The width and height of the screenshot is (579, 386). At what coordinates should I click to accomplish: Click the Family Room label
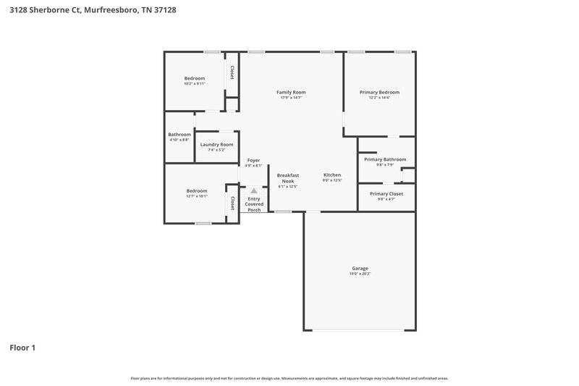291,92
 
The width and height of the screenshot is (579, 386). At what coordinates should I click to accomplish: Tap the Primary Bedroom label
379,92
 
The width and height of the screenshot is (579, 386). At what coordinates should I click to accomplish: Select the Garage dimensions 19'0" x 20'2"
360,274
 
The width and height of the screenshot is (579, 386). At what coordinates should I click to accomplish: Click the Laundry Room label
216,144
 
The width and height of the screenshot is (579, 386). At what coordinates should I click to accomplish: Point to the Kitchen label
331,175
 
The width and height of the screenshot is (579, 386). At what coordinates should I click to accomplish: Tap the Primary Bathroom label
384,159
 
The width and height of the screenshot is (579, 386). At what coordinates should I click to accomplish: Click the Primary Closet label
386,193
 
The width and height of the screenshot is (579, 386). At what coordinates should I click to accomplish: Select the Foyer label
253,160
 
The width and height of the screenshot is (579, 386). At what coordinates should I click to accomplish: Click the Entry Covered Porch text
254,204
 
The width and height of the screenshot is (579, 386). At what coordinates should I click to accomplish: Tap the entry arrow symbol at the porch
253,190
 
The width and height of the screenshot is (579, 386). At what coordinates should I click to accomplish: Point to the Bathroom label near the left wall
179,134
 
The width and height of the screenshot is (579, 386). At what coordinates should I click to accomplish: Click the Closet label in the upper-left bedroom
232,72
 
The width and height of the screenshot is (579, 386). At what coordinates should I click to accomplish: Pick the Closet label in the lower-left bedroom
232,203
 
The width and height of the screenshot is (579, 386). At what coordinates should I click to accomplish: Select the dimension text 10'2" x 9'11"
194,83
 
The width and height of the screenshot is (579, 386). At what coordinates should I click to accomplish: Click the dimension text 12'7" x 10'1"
196,196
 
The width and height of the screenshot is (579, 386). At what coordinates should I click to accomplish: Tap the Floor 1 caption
22,348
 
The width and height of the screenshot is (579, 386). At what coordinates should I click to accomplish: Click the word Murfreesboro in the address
111,11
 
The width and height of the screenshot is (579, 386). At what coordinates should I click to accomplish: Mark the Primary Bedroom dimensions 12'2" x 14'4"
379,98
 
